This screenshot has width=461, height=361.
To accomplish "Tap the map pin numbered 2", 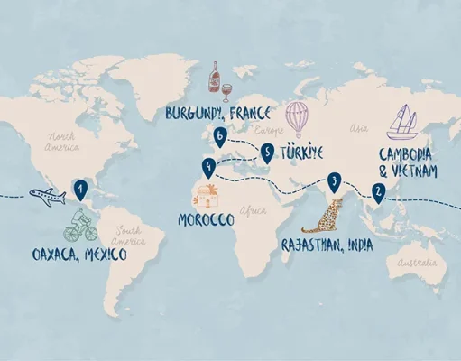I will (x=378, y=191).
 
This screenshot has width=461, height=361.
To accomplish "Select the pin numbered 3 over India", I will (x=335, y=182).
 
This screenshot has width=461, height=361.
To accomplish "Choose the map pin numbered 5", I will (x=267, y=153).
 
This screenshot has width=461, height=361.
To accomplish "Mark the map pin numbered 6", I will (x=219, y=136).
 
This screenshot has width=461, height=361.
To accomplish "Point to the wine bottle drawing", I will (x=214, y=79).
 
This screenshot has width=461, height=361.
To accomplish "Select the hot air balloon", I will (x=298, y=118).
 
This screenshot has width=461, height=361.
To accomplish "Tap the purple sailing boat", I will (x=404, y=122).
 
